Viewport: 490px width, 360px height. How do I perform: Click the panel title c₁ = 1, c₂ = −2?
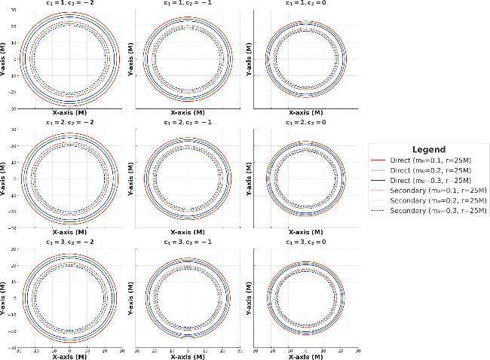(x=69, y=3)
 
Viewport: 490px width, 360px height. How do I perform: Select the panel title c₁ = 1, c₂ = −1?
(x=188, y=3)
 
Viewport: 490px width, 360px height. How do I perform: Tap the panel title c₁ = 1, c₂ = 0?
(x=306, y=3)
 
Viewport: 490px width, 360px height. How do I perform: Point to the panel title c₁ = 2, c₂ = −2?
(x=69, y=122)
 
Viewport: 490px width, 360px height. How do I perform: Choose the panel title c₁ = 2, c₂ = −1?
(x=188, y=122)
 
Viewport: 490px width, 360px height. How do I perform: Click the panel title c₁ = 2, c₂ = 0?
(x=306, y=122)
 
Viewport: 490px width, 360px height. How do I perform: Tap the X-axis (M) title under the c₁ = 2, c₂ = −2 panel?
(x=69, y=233)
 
